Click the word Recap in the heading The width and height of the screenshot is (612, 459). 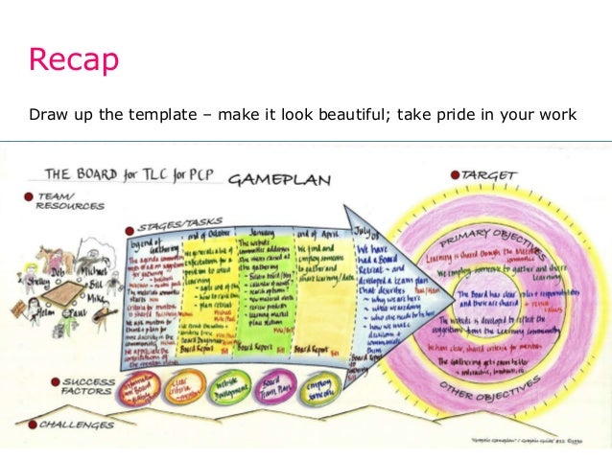(74, 59)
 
